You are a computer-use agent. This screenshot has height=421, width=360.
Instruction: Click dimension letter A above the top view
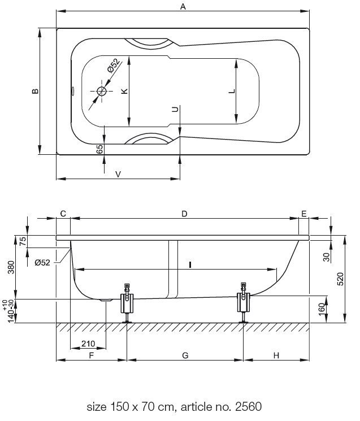click(183, 6)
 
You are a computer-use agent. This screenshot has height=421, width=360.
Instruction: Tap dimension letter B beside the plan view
click(35, 91)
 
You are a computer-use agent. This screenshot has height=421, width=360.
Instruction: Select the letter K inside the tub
click(124, 91)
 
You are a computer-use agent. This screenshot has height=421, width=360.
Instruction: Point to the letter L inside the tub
click(232, 91)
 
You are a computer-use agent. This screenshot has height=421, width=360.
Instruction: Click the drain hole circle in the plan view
click(102, 92)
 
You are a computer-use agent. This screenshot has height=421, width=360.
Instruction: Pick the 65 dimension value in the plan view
click(99, 149)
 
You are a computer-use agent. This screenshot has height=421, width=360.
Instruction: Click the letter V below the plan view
click(118, 174)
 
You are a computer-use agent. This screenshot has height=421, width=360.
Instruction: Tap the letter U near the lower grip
click(175, 109)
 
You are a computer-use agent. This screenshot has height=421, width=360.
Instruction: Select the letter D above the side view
click(184, 214)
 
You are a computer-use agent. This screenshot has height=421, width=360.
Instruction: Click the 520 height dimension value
click(340, 279)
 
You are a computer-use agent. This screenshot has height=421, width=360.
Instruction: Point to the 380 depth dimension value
click(11, 267)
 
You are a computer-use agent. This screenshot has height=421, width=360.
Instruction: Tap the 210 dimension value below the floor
click(88, 344)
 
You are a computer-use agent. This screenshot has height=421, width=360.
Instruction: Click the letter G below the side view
click(185, 355)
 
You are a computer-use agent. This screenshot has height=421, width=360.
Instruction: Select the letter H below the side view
click(276, 355)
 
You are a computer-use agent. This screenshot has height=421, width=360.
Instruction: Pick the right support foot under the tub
click(244, 302)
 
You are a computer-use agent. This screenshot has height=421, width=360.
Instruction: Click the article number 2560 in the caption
click(248, 407)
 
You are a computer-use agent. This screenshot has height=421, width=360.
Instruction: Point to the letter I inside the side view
click(190, 264)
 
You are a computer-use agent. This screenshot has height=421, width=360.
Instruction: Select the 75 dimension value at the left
click(24, 241)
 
